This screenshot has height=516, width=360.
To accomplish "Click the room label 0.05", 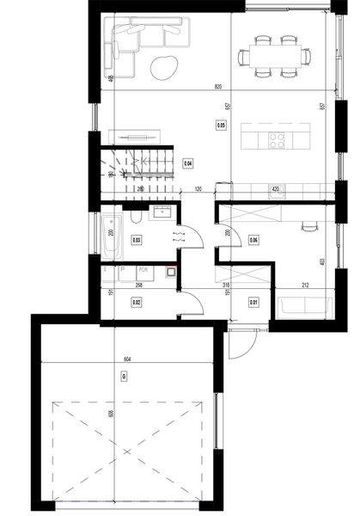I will point(221,125).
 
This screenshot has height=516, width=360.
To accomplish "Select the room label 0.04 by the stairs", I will point(188,162).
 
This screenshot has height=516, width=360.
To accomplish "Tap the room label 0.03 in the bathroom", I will point(137,240).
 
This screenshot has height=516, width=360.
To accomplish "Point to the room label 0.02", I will point(136,302).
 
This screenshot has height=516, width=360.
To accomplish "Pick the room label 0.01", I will point(253,302).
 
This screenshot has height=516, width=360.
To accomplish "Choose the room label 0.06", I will point(253,240).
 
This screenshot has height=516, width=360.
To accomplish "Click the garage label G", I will point(125,376).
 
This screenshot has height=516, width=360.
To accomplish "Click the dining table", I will point(274,53).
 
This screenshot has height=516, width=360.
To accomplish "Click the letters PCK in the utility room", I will point(143,270).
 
